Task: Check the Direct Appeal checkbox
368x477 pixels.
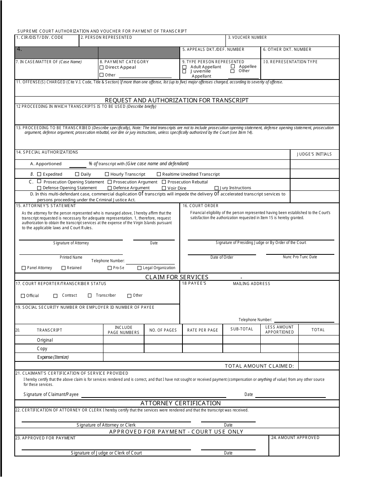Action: tap(101, 67)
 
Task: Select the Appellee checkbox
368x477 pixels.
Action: tap(233, 66)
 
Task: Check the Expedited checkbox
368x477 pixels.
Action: tap(39, 174)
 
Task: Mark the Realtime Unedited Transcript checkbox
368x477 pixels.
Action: tap(159, 174)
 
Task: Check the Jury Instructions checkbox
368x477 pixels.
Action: tap(217, 188)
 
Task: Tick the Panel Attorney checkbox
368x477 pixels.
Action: tap(24, 268)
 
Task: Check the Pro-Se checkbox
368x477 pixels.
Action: tap(110, 268)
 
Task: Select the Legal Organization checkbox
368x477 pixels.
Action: tap(139, 268)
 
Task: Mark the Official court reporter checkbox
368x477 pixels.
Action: tap(23, 296)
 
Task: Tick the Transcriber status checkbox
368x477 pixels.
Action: tap(89, 296)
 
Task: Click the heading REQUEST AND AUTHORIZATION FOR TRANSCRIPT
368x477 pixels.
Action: tap(177, 100)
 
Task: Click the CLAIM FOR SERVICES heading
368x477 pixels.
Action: tap(177, 277)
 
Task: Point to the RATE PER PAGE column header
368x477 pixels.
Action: tap(202, 330)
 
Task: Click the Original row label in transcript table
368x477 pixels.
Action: tap(45, 340)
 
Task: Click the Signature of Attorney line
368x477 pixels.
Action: tap(71, 240)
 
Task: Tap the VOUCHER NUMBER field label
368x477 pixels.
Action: tap(247, 38)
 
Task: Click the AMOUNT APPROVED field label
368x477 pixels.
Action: tap(295, 438)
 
